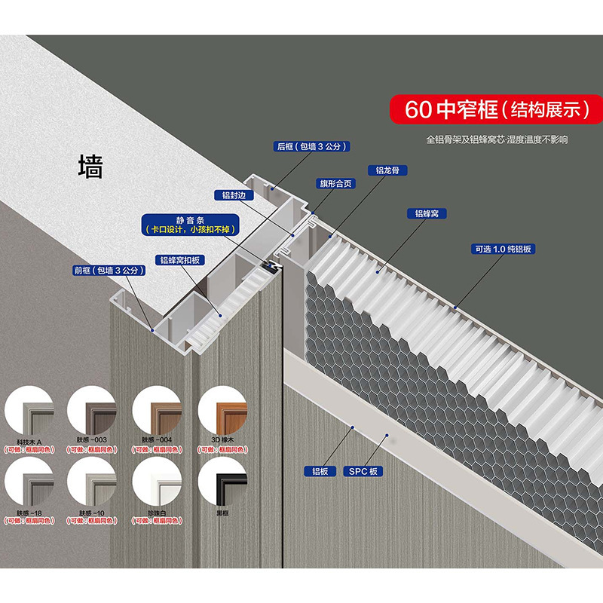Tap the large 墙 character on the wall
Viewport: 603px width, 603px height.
(x=90, y=166)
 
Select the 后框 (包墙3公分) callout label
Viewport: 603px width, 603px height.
(x=311, y=146)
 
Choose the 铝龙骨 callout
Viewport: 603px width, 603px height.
(x=387, y=170)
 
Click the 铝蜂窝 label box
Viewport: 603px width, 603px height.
(x=427, y=213)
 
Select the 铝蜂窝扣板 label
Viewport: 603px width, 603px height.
(x=179, y=260)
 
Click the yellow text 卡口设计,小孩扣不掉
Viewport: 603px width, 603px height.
(x=190, y=229)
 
